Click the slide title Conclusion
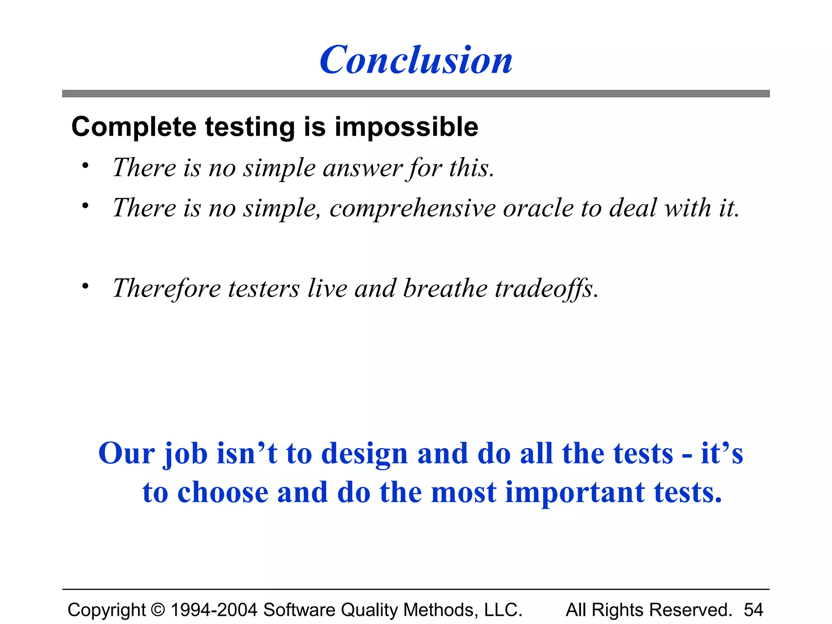click(416, 60)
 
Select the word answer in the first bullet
click(362, 168)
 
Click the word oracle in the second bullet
click(538, 208)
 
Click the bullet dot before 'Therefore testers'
click(85, 286)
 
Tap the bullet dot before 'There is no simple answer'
click(85, 166)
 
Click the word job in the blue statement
click(185, 454)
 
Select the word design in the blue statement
click(364, 454)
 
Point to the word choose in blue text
click(223, 493)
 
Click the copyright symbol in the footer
click(158, 610)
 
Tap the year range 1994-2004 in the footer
click(214, 610)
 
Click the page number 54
click(754, 610)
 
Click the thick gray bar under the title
click(416, 93)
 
